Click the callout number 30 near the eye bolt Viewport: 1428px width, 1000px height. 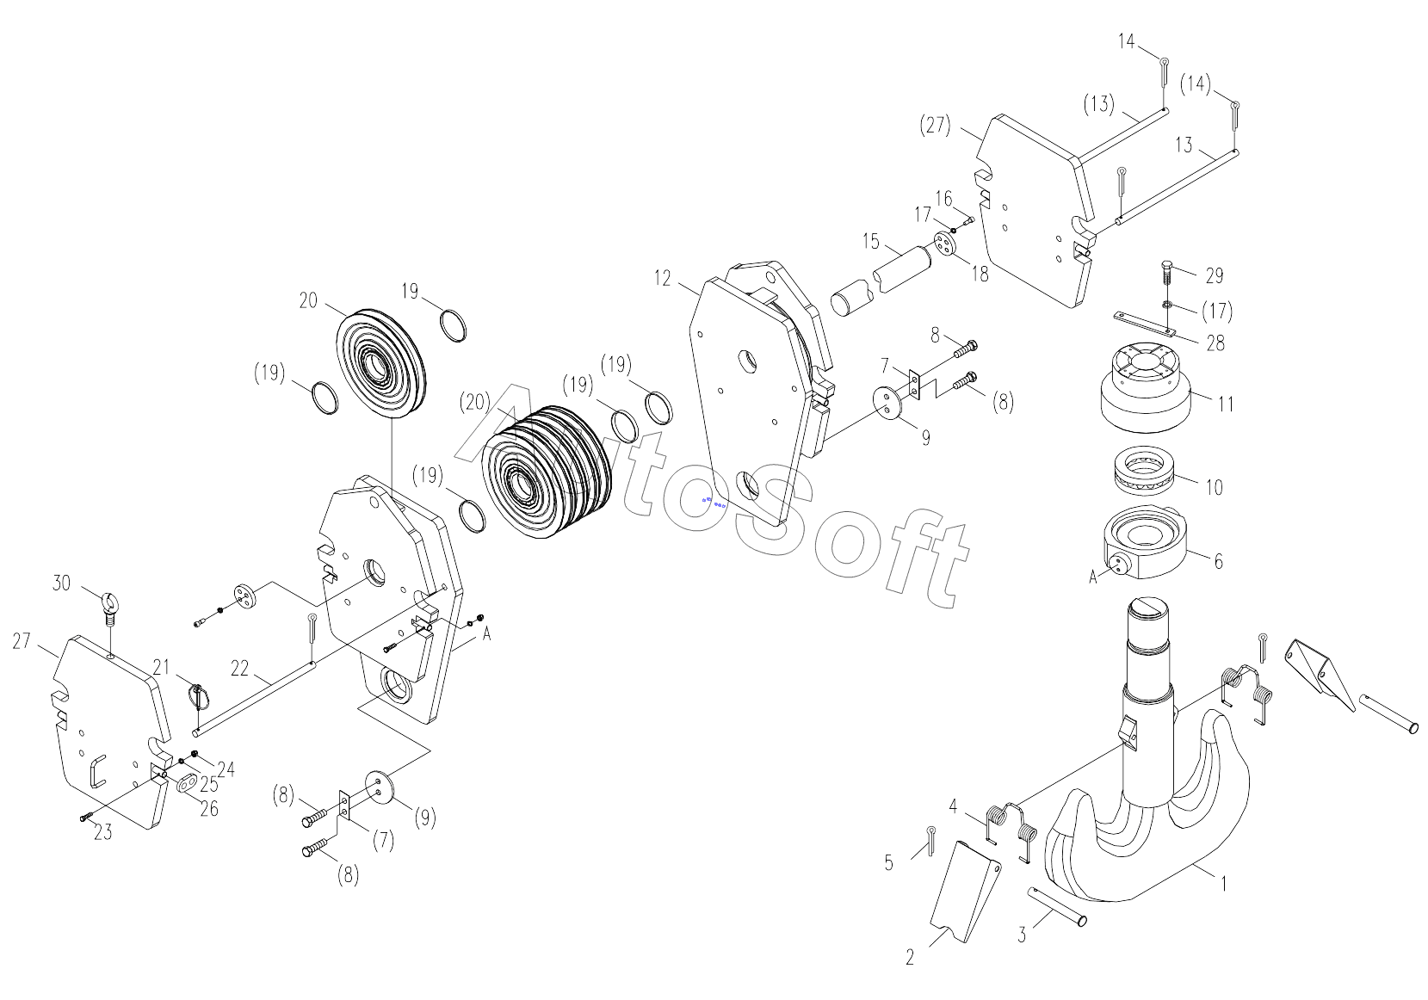tap(61, 583)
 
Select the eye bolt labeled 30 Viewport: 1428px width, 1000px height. tap(110, 605)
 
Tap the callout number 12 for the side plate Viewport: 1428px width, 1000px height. tap(662, 277)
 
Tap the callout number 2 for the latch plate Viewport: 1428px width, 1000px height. tap(910, 957)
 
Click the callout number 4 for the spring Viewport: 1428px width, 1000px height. tap(953, 806)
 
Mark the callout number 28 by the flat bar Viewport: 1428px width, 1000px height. tap(1215, 343)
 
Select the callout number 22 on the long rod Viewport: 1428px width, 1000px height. tap(240, 668)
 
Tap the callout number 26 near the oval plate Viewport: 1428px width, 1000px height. tap(208, 808)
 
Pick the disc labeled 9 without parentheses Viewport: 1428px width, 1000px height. tap(889, 402)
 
